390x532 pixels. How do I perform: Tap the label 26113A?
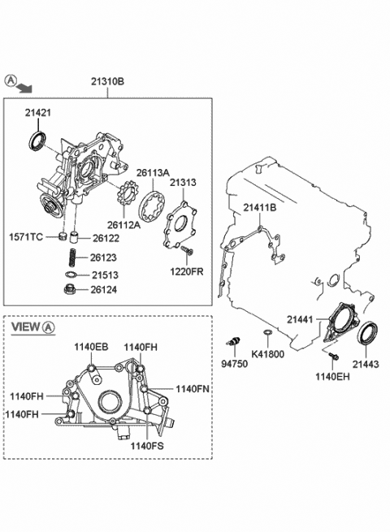[x=152, y=172]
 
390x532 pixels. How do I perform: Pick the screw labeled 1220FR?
[x=187, y=249]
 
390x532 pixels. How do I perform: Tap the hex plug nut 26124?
[x=71, y=289]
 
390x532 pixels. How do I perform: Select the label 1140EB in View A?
[x=91, y=347]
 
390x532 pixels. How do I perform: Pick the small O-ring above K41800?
[x=266, y=334]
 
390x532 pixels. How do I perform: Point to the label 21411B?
[x=259, y=209]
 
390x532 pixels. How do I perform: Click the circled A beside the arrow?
[x=10, y=80]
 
